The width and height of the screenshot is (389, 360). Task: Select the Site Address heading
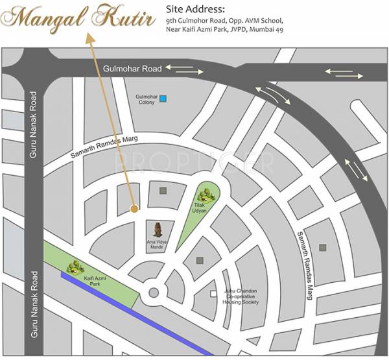[195, 10]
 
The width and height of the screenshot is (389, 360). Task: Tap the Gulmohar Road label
[132, 67]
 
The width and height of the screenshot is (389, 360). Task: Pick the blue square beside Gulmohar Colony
[163, 99]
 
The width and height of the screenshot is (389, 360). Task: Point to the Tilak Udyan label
[198, 208]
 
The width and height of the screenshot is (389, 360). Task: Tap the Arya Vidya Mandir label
[158, 245]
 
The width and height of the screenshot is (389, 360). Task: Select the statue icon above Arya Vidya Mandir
[158, 228]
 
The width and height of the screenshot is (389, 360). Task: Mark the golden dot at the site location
[134, 209]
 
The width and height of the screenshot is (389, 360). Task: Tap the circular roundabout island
[153, 291]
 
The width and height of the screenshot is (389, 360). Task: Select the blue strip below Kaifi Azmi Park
[136, 315]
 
